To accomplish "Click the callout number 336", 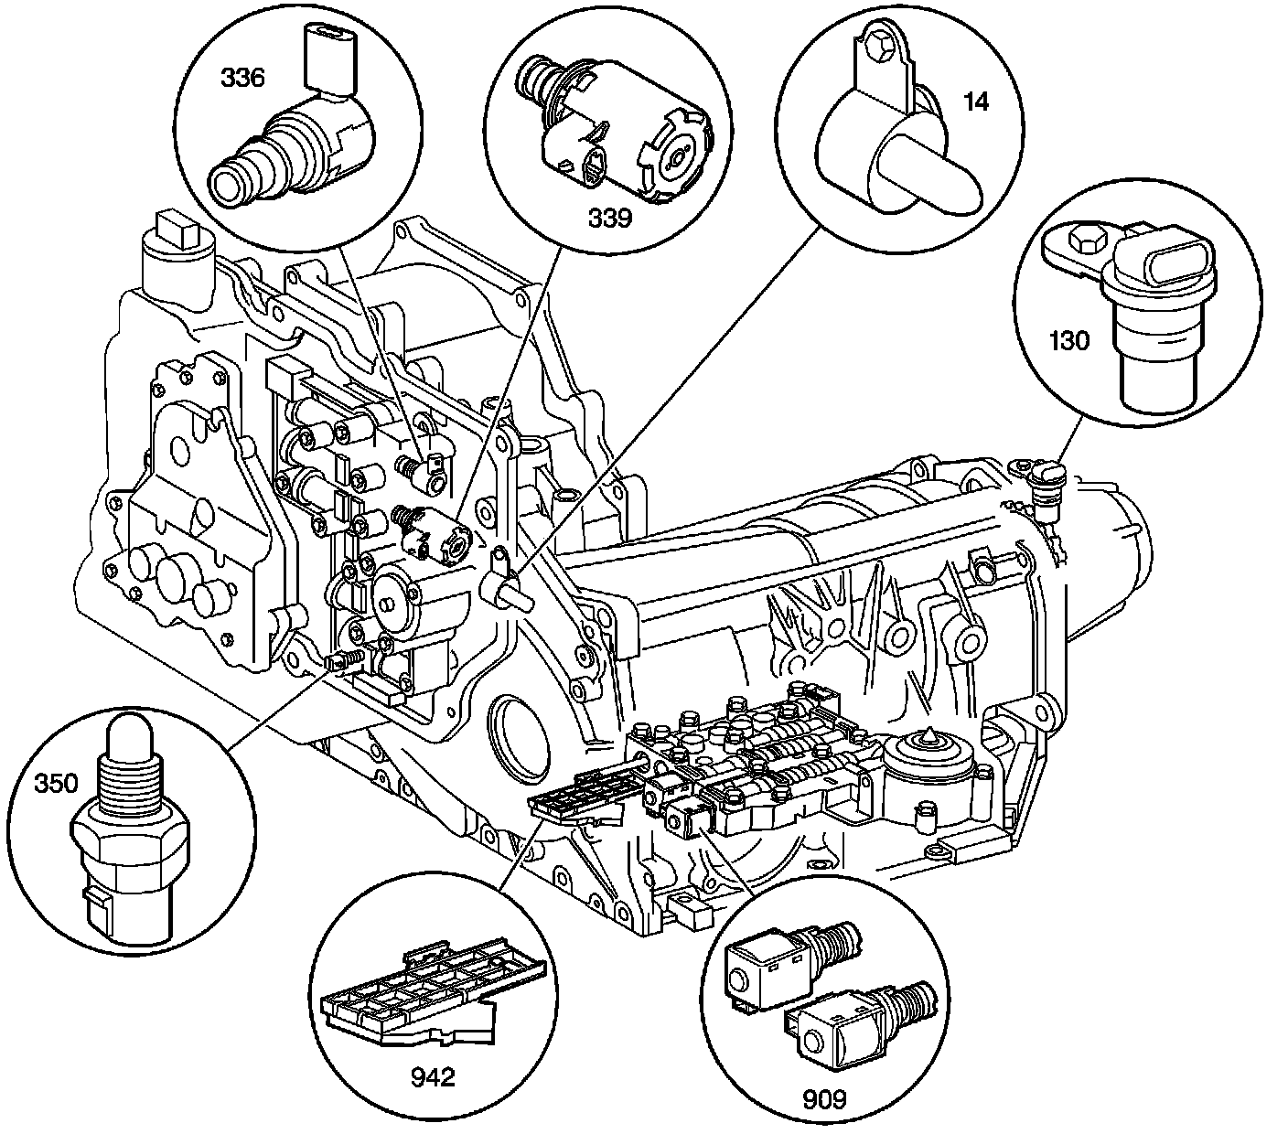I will pos(241,78).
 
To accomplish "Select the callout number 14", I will pos(976,101).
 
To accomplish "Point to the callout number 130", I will pos(1069,341).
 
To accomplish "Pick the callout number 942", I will pos(432,1077).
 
